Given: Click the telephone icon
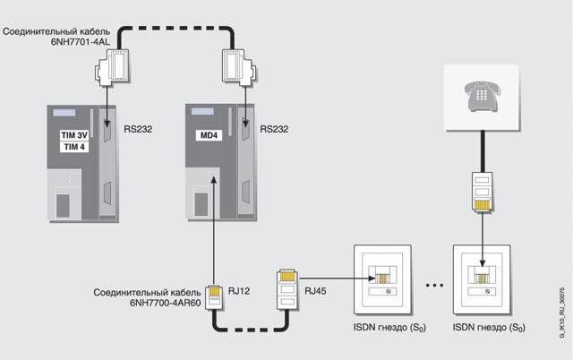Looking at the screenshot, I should tap(484, 94).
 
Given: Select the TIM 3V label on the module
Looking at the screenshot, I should tap(65, 134).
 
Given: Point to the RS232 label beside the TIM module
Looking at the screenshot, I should tap(138, 129).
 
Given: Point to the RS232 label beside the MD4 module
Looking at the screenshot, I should tap(276, 129).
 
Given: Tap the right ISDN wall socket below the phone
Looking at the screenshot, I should tap(485, 274).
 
